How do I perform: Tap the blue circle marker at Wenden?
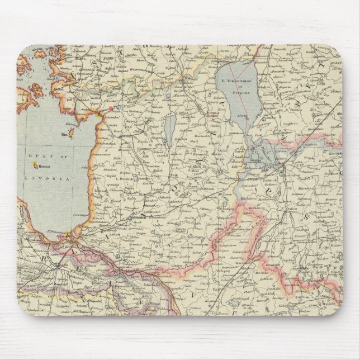(129, 218)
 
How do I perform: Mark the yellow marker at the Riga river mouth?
(67, 233)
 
